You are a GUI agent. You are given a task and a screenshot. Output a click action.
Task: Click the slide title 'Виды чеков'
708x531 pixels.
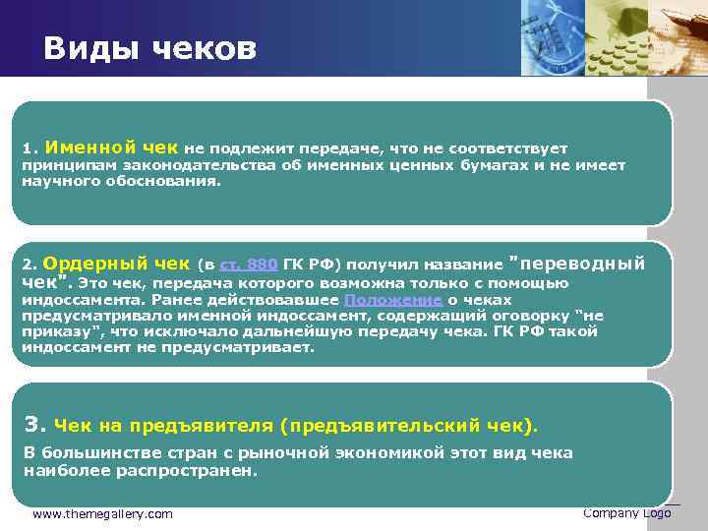[x=149, y=48]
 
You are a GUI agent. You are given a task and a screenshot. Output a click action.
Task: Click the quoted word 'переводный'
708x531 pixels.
[x=584, y=264]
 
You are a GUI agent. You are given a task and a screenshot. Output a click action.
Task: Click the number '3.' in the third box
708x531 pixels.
[x=34, y=425]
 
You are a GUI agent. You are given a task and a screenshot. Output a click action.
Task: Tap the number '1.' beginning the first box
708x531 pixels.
[x=29, y=148]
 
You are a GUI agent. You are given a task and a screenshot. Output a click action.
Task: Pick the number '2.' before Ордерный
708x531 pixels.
[x=29, y=265]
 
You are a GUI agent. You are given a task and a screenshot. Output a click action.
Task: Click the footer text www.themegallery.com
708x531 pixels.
[x=102, y=514]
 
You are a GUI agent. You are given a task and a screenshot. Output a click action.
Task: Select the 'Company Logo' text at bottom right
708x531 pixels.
[x=626, y=513]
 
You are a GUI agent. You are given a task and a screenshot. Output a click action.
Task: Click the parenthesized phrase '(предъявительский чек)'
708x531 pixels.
[x=409, y=426]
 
